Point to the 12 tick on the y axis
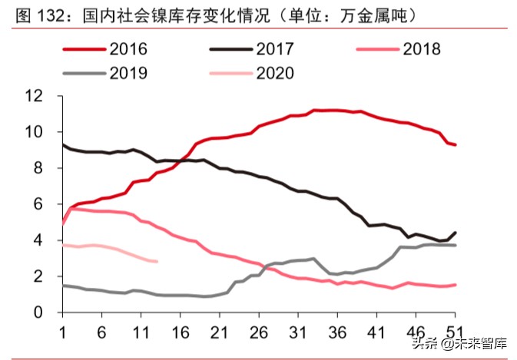pos(34,96)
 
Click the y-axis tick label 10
pos(34,132)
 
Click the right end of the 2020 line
pos(157,262)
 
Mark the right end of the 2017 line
pos(456,233)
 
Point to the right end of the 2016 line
pos(456,145)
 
